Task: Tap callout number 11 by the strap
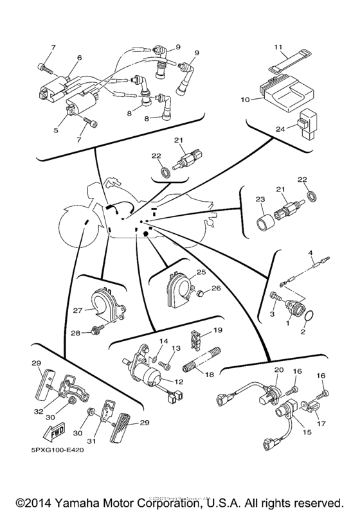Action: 278,48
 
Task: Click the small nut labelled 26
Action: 201,295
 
